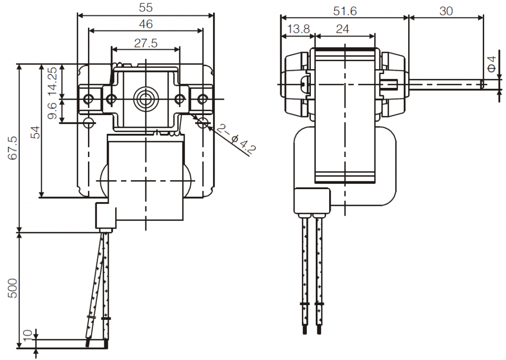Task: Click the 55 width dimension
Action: tap(146, 8)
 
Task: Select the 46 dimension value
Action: tap(146, 24)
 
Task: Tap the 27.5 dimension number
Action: tap(146, 43)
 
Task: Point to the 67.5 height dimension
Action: tap(13, 148)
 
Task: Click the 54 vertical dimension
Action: tap(35, 132)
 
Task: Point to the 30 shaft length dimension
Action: tap(446, 11)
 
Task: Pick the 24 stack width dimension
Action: tap(342, 29)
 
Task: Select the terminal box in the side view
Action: tap(312, 201)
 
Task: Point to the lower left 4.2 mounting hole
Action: tap(88, 121)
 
